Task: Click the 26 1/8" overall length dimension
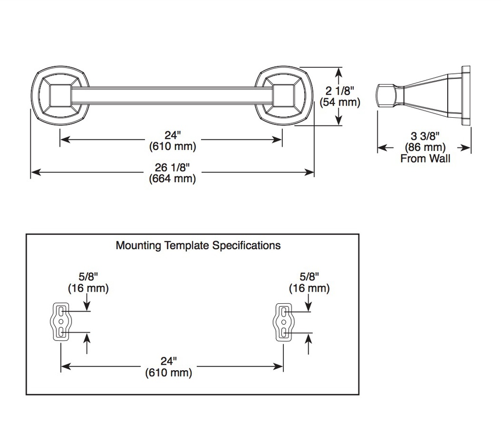click(172, 167)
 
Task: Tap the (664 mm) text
click(172, 179)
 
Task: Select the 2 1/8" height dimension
click(340, 91)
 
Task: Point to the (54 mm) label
click(340, 103)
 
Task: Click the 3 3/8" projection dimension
click(425, 136)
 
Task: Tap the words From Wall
click(425, 159)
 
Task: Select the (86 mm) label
click(425, 147)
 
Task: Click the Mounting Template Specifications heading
click(198, 245)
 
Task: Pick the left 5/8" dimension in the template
click(88, 276)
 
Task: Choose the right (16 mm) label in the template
click(309, 288)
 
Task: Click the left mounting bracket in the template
click(61, 322)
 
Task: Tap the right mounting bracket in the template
click(283, 322)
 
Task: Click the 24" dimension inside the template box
click(168, 361)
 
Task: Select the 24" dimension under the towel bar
click(173, 135)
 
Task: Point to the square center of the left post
click(60, 95)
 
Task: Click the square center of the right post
click(283, 95)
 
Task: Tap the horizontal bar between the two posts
click(172, 95)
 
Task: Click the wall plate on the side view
click(466, 96)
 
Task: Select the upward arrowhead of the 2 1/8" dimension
click(339, 73)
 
